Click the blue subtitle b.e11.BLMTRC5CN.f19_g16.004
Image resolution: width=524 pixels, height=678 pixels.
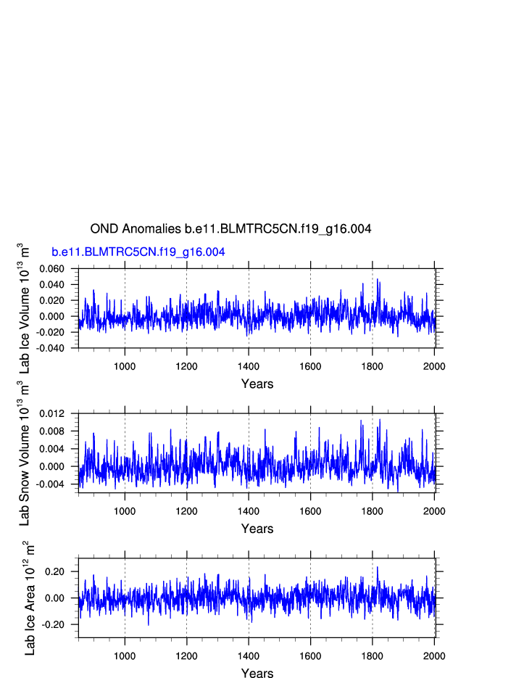tap(138, 252)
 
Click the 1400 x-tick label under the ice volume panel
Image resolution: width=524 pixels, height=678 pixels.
tap(249, 365)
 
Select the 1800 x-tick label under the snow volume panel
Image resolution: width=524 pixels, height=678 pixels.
tap(373, 510)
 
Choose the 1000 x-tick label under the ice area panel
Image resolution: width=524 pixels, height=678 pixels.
tap(125, 655)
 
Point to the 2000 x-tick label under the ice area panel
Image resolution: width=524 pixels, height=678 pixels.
tap(434, 655)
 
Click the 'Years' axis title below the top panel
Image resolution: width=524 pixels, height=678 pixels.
tap(257, 384)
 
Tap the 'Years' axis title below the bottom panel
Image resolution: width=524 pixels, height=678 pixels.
tap(257, 674)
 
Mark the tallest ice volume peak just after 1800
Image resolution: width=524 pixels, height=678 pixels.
tap(378, 280)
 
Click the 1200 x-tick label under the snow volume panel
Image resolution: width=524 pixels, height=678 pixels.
tap(186, 510)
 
